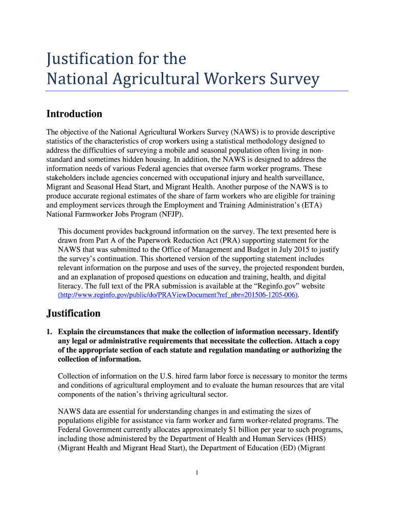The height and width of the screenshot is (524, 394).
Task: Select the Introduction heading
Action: tap(74, 114)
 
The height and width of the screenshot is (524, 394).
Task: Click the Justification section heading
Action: tap(74, 313)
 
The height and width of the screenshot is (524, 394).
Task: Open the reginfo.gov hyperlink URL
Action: tap(179, 295)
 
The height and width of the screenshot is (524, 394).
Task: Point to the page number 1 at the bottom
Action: tap(196, 472)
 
